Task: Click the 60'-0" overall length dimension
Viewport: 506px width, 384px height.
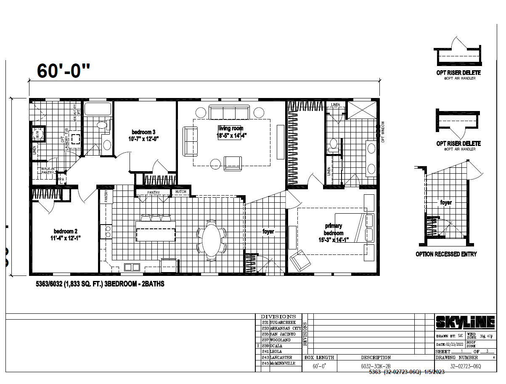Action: (x=64, y=71)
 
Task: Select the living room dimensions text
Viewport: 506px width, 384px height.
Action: (x=231, y=135)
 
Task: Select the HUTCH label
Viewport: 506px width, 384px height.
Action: (x=181, y=193)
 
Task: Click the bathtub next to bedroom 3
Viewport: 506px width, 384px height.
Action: (x=98, y=110)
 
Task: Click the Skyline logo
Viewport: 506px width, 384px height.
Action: (x=465, y=323)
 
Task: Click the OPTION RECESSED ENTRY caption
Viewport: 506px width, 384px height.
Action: (x=446, y=254)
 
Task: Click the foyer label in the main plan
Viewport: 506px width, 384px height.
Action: (x=268, y=232)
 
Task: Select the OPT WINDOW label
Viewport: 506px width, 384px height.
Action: (x=383, y=132)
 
